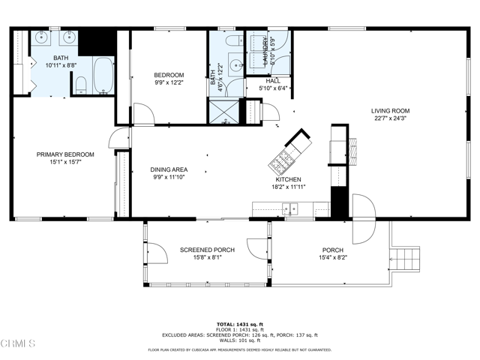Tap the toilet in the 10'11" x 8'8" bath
click(x=80, y=85)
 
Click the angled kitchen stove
click(x=283, y=160)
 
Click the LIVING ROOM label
click(x=390, y=111)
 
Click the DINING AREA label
click(x=169, y=170)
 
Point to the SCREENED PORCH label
click(x=207, y=250)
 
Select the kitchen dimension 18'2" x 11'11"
click(x=289, y=187)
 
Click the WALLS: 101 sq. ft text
click(x=239, y=340)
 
